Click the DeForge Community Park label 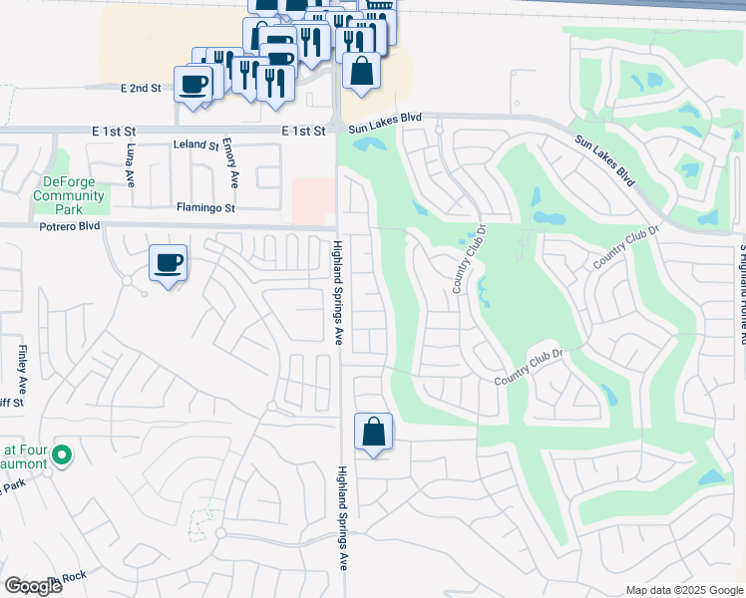tap(69, 188)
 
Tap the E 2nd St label tap(141, 89)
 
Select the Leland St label tap(195, 146)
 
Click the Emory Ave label tap(233, 162)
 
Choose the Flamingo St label tap(205, 208)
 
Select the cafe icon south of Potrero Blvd tap(168, 264)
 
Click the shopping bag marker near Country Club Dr tap(373, 434)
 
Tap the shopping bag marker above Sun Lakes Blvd tap(361, 72)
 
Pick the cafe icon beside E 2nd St tap(193, 84)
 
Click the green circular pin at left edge tap(62, 455)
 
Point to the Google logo tap(33, 585)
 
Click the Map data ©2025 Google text tap(684, 590)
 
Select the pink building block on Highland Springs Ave tap(311, 200)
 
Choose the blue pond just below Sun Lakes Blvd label tap(369, 144)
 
